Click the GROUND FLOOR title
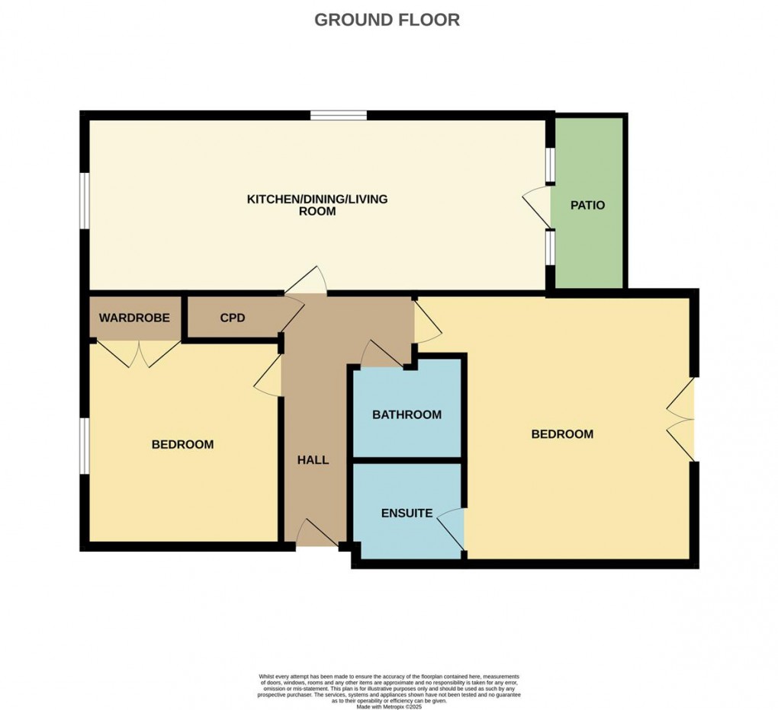tap(387, 20)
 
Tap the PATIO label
tap(587, 205)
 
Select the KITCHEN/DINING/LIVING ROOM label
tap(317, 205)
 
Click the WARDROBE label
tap(133, 318)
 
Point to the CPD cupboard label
tap(233, 318)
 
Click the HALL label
tap(313, 459)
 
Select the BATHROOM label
tap(407, 414)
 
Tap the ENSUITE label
tap(407, 513)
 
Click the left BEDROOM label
tap(182, 444)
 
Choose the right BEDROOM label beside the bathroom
tap(561, 434)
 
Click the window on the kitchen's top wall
tap(339, 116)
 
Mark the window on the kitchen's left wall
tap(85, 200)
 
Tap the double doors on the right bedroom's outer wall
tap(681, 418)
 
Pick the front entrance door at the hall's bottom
tap(316, 533)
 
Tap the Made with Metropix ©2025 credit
tap(388, 705)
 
